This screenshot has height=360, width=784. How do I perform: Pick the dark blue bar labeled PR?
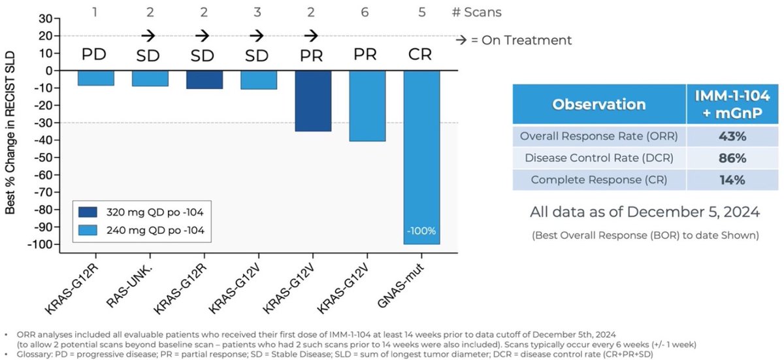[312, 101]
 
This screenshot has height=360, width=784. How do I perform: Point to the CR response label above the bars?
[421, 54]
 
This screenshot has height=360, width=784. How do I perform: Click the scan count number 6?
[367, 11]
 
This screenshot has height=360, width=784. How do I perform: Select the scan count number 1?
[95, 11]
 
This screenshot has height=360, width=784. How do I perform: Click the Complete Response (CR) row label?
[599, 180]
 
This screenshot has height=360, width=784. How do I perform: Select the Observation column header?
[599, 105]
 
